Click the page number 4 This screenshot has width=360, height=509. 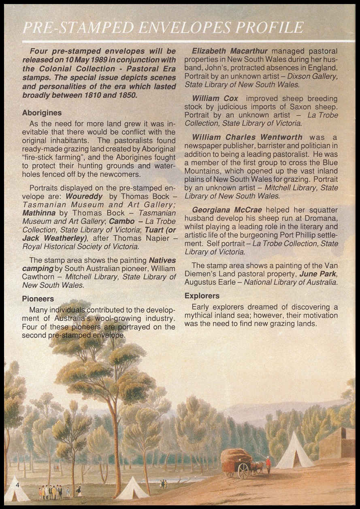pos(17,484)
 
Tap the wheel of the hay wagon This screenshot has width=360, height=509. pos(243,471)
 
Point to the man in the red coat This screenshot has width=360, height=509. pos(268,465)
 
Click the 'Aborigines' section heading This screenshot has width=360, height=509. pos(42,113)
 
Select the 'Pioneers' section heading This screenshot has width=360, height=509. pos(38,299)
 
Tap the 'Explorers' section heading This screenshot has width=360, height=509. pos(202,295)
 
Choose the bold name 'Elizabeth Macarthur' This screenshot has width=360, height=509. pos(230,51)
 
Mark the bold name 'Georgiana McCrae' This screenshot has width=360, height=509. pos(227,210)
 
